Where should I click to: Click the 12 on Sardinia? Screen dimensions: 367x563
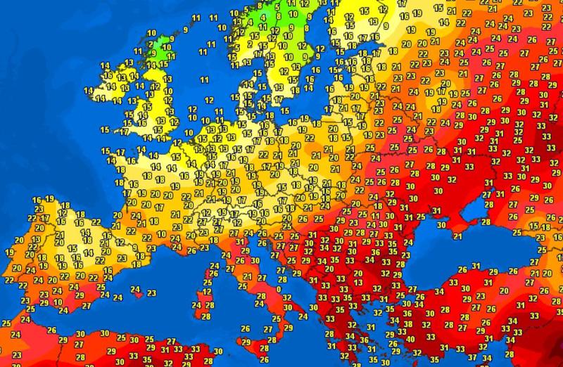tap(206, 292)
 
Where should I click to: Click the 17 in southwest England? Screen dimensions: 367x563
tap(124, 131)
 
